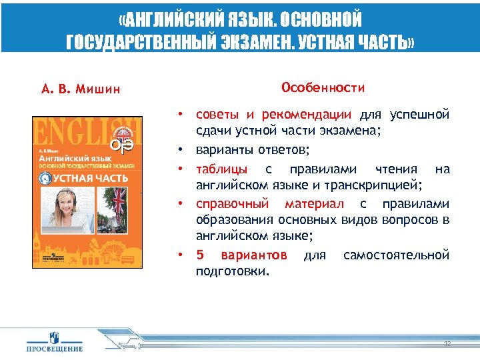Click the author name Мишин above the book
point(99,89)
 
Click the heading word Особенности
point(323,87)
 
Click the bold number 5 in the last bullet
point(199,255)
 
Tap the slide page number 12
point(447,343)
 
